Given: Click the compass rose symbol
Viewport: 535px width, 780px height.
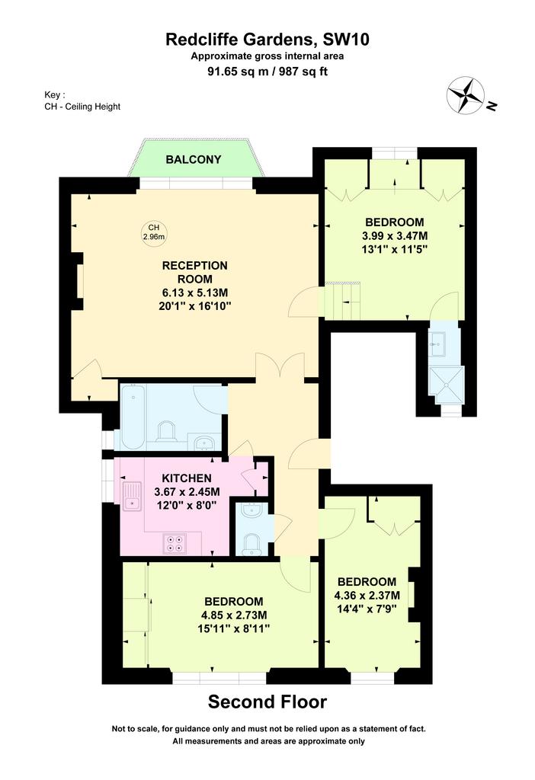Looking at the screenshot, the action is [x=466, y=94].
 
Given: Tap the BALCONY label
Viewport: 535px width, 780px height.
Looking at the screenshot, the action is [x=194, y=160].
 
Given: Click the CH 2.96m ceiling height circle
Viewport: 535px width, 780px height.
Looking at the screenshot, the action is [x=154, y=232].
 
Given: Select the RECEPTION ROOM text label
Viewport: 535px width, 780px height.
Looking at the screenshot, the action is [x=195, y=272].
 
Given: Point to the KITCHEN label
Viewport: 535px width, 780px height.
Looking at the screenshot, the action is [x=187, y=478].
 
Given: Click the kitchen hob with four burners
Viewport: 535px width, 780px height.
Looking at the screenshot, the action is [x=175, y=544].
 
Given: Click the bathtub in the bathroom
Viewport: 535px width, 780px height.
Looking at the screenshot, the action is [x=133, y=417].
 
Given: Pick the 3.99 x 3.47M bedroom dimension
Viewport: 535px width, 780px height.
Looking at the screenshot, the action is [x=395, y=236].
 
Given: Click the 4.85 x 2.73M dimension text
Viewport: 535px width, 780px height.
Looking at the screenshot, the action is [x=233, y=615].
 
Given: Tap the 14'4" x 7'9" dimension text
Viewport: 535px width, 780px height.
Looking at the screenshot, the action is [x=367, y=608].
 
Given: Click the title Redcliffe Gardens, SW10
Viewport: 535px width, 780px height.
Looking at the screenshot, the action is [x=267, y=40].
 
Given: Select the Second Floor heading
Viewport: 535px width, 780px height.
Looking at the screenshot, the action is [x=267, y=702].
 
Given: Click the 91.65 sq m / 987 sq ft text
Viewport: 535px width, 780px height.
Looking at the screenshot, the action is [x=267, y=71].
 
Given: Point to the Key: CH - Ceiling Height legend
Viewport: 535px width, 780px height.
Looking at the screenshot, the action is [x=82, y=101].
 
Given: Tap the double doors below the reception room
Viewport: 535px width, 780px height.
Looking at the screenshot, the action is [x=280, y=366].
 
